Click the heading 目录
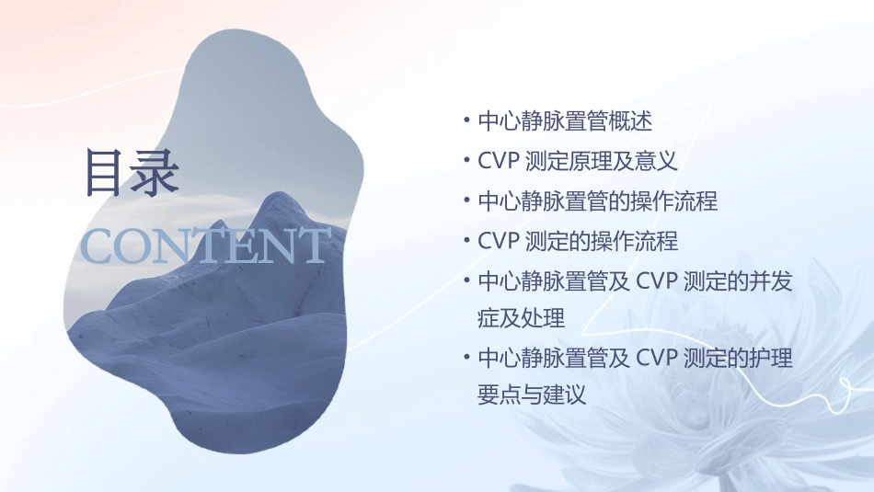pos(132,172)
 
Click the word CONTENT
pos(205,246)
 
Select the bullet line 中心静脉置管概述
pos(565,120)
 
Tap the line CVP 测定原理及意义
pos(578,161)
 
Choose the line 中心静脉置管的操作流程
pos(598,201)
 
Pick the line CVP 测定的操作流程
pos(578,242)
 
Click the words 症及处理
pos(522,319)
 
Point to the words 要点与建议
pos(532,395)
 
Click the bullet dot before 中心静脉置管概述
pos(467,120)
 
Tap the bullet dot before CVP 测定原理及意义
pos(467,161)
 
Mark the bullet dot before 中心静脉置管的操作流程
pos(467,201)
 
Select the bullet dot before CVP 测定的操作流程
pos(467,242)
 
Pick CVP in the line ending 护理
pos(657,359)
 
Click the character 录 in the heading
pos(155,172)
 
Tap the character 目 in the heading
pos(108,172)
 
